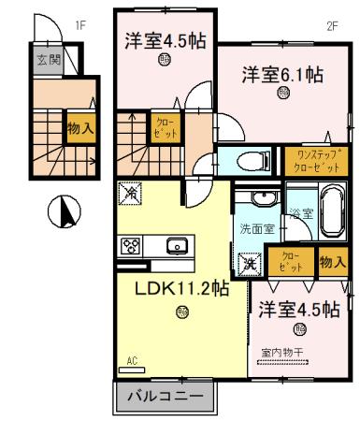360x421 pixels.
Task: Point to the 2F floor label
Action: tap(331, 26)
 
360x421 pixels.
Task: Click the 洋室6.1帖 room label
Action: tap(284, 73)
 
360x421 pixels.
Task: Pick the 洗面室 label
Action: tap(255, 227)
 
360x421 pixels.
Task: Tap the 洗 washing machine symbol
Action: tap(250, 263)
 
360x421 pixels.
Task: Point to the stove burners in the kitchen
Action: tap(129, 246)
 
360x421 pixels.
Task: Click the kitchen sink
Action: tap(177, 246)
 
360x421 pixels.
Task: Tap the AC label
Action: tap(131, 360)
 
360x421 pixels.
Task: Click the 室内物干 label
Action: tap(282, 352)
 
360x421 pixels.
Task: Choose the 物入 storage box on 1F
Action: tap(79, 128)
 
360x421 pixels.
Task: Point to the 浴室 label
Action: tap(300, 214)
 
